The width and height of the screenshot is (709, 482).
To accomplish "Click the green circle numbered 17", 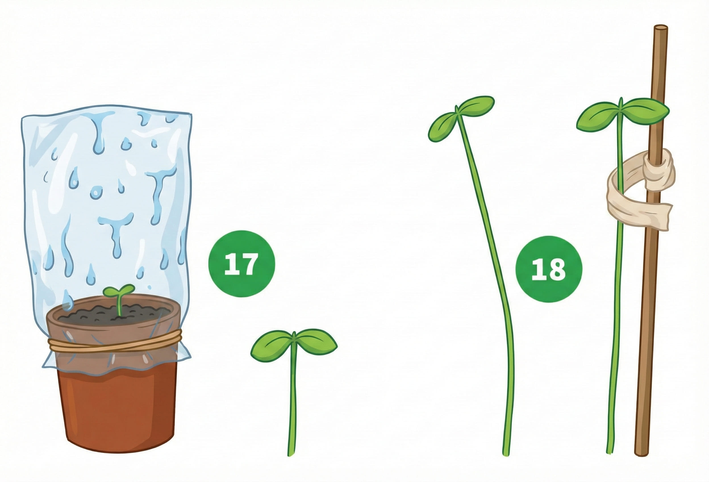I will pyautogui.click(x=241, y=264).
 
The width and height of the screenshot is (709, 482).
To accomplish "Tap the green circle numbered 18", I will pyautogui.click(x=549, y=269).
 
